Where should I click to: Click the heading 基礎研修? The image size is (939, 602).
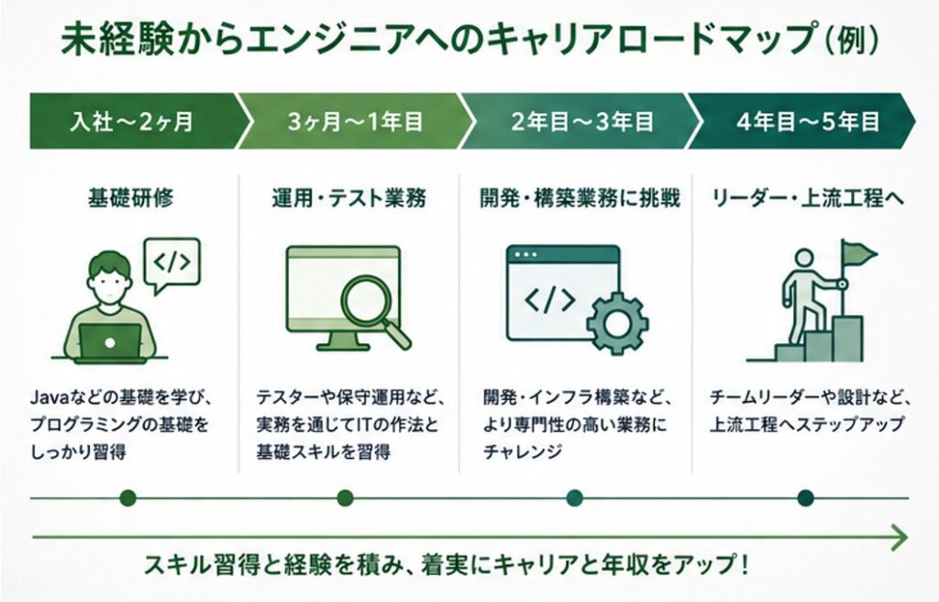130,198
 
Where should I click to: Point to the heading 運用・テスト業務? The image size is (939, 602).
349,198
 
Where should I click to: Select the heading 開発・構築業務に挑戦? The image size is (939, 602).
580,198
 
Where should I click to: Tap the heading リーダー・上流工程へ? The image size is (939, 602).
808,198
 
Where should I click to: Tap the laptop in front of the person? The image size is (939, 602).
110,343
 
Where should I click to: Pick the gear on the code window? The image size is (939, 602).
617,323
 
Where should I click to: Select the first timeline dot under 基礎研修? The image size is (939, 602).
127,497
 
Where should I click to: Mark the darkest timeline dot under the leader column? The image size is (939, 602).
805,497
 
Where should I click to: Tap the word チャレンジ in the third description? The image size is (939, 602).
523,451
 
